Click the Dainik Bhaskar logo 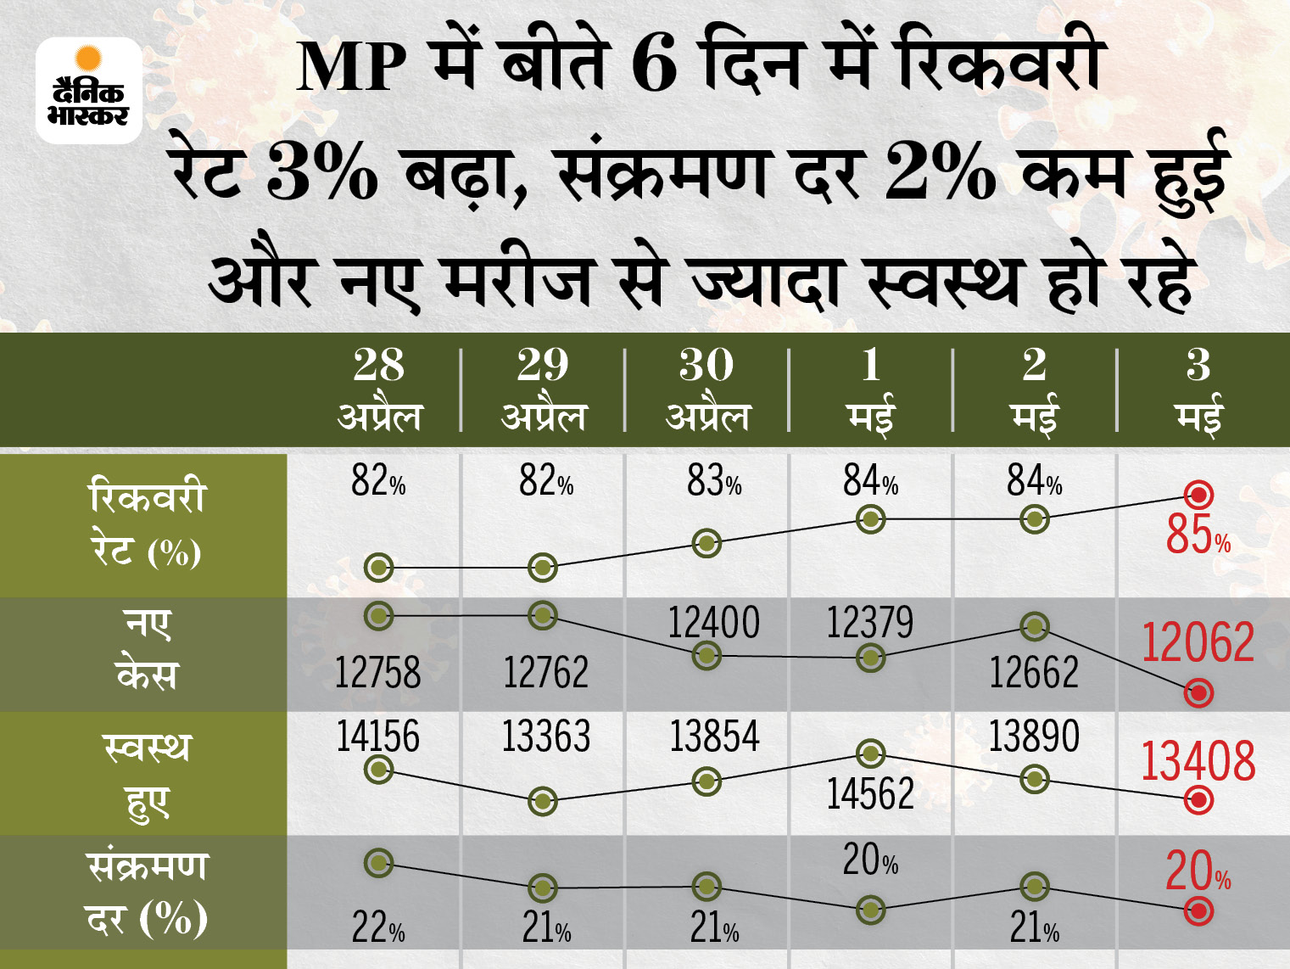coord(88,90)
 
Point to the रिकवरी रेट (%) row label coord(146,524)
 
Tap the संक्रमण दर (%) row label coord(147,893)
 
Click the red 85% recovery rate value coord(1198,535)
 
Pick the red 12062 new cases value coord(1198,642)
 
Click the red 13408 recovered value coord(1198,762)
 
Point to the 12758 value coord(377,674)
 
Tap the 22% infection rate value coord(378,928)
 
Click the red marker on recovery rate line coord(1198,495)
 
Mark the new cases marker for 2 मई coord(1034,627)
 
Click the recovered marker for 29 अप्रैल coord(543,800)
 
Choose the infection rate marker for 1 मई coord(870,910)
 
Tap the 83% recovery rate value coord(714,481)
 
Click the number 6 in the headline coord(654,67)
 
